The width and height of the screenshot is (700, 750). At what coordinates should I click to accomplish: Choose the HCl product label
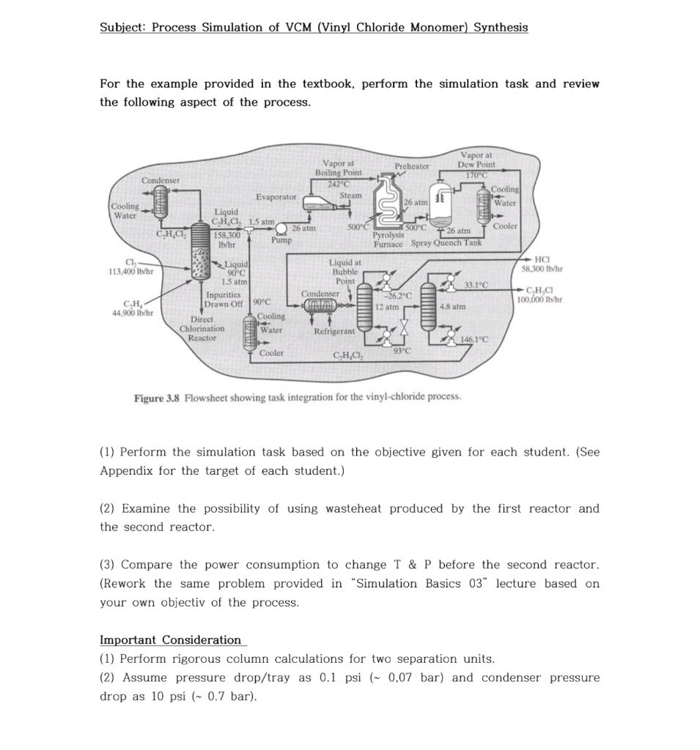pyautogui.click(x=542, y=259)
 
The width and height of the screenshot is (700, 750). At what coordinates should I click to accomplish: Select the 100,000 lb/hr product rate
pyautogui.click(x=539, y=300)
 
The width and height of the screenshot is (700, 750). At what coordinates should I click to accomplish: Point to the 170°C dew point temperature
pyautogui.click(x=476, y=174)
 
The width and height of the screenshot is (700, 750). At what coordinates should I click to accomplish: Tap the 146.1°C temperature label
pyautogui.click(x=476, y=339)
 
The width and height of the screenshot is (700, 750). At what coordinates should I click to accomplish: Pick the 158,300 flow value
pyautogui.click(x=226, y=235)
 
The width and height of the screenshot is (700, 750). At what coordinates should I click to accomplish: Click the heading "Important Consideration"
pyautogui.click(x=170, y=640)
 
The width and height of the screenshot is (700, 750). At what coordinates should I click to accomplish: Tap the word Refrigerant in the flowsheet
pyautogui.click(x=334, y=331)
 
